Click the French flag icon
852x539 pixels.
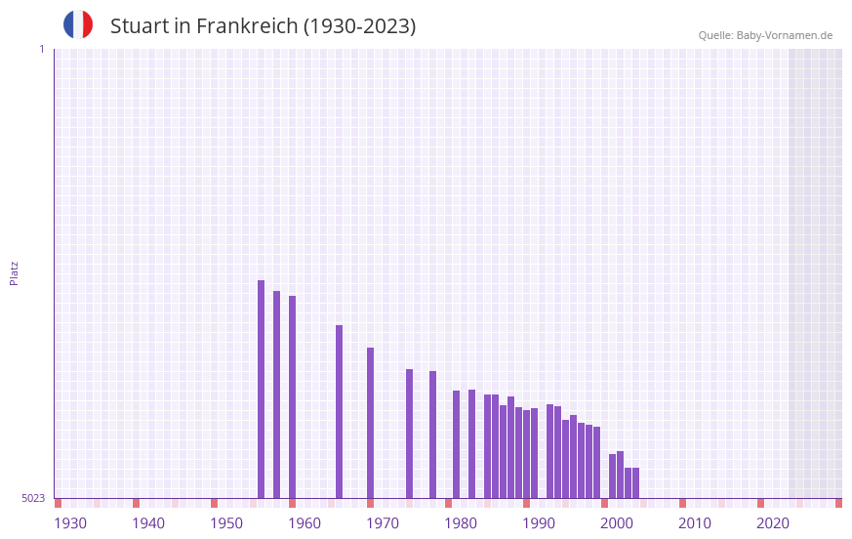pyautogui.click(x=78, y=24)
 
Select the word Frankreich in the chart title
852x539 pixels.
pyautogui.click(x=247, y=26)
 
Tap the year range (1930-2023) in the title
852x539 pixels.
pyautogui.click(x=360, y=26)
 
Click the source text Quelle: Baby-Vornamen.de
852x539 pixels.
pyautogui.click(x=765, y=35)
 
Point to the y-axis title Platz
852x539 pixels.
pyautogui.click(x=14, y=272)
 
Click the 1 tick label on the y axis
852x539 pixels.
pyautogui.click(x=41, y=49)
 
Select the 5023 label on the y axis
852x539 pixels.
pyautogui.click(x=33, y=498)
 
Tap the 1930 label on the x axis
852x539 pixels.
pyautogui.click(x=70, y=523)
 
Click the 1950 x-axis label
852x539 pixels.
pyautogui.click(x=226, y=523)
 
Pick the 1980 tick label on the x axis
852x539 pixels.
pyautogui.click(x=461, y=523)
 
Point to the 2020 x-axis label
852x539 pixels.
pyautogui.click(x=773, y=523)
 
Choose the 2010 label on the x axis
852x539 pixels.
pyautogui.click(x=695, y=523)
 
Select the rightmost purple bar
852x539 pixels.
pyautogui.click(x=635, y=482)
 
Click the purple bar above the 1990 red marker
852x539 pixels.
pyautogui.click(x=526, y=453)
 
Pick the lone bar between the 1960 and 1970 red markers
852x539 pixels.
pyautogui.click(x=339, y=411)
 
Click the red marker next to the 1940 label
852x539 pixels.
pyautogui.click(x=136, y=503)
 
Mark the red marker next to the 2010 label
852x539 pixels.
pyautogui.click(x=682, y=503)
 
